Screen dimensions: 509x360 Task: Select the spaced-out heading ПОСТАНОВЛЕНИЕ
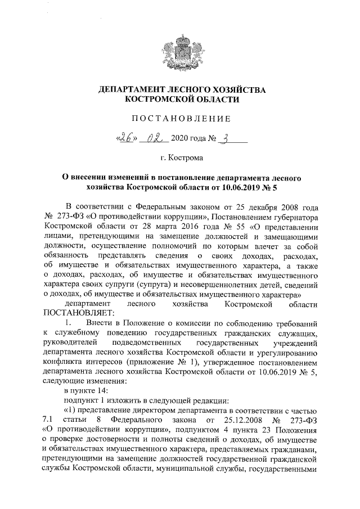pos(181,118)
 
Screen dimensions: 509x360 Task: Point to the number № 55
pos(208,227)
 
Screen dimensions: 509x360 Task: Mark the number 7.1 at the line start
pos(48,420)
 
